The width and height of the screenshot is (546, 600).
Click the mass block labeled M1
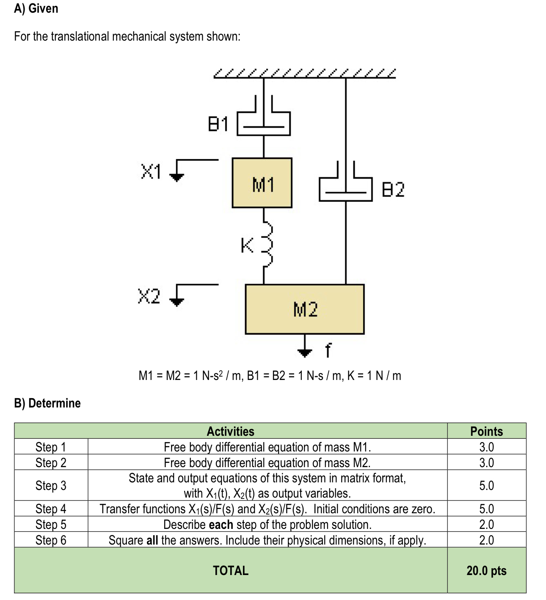tap(262, 183)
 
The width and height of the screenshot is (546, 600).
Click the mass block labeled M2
tap(304, 309)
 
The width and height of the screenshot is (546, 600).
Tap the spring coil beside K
tap(267, 245)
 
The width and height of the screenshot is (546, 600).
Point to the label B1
tap(218, 124)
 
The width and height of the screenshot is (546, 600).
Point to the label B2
tap(393, 190)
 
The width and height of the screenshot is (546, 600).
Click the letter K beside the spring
tap(247, 245)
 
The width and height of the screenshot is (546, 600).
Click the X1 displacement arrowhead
tap(176, 177)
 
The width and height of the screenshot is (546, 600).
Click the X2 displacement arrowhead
tap(176, 302)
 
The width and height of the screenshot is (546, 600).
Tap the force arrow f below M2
tap(305, 352)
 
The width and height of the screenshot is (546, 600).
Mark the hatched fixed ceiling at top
tap(305, 74)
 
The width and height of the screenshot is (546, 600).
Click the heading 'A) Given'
tap(36, 8)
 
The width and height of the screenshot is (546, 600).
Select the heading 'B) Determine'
tap(47, 403)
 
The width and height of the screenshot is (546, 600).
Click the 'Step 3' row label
tap(51, 485)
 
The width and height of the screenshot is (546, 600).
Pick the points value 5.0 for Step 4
tap(486, 509)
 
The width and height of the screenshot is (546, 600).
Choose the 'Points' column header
tap(486, 431)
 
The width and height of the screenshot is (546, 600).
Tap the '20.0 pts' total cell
tap(486, 570)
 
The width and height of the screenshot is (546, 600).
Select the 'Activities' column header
tap(231, 431)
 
